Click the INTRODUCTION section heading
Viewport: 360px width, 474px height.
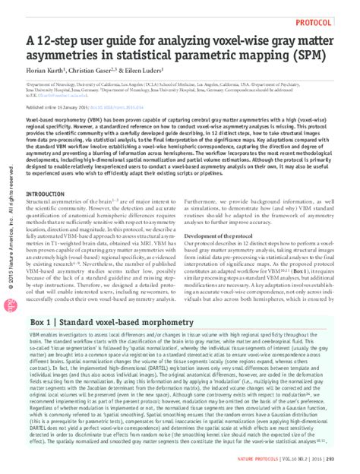click(48, 194)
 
